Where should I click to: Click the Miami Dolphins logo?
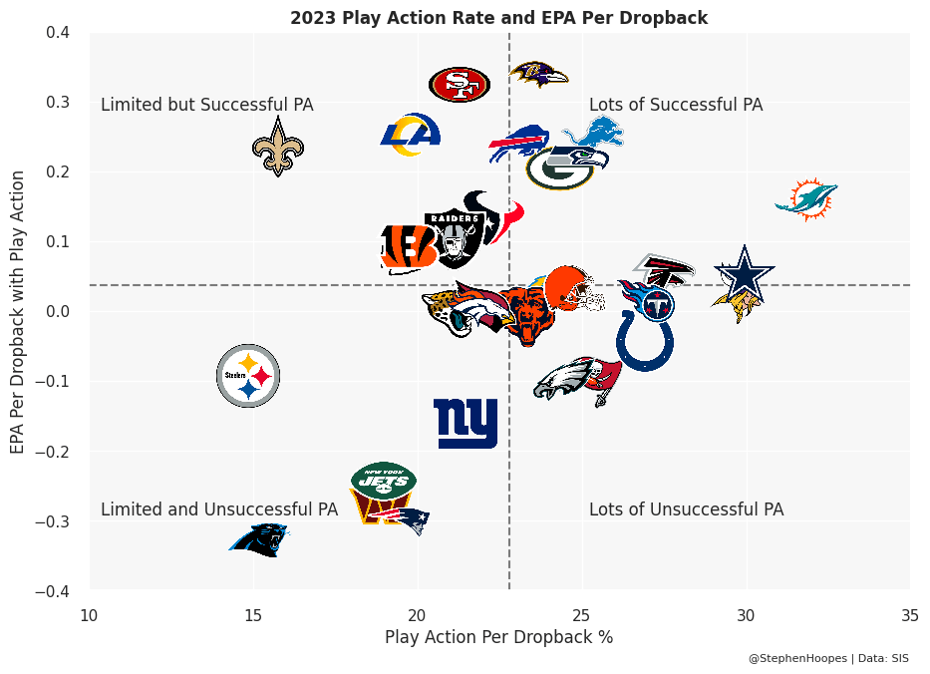click(x=805, y=199)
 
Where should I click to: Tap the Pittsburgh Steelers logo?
click(x=248, y=376)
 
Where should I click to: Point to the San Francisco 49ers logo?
click(x=460, y=85)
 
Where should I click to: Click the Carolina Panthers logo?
click(x=258, y=539)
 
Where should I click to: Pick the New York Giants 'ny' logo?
click(x=465, y=423)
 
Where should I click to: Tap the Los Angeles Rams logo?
click(x=411, y=136)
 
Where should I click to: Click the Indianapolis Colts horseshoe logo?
click(x=645, y=341)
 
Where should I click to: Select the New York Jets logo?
click(x=384, y=480)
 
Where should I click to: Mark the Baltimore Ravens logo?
click(x=538, y=73)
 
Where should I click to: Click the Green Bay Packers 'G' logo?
click(x=560, y=168)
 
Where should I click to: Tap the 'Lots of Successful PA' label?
click(x=676, y=105)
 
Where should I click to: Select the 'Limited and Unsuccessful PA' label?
click(x=219, y=509)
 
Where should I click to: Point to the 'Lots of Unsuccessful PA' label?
click(x=686, y=509)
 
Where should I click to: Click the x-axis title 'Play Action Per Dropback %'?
click(x=498, y=637)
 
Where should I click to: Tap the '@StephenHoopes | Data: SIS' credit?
click(x=828, y=658)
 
